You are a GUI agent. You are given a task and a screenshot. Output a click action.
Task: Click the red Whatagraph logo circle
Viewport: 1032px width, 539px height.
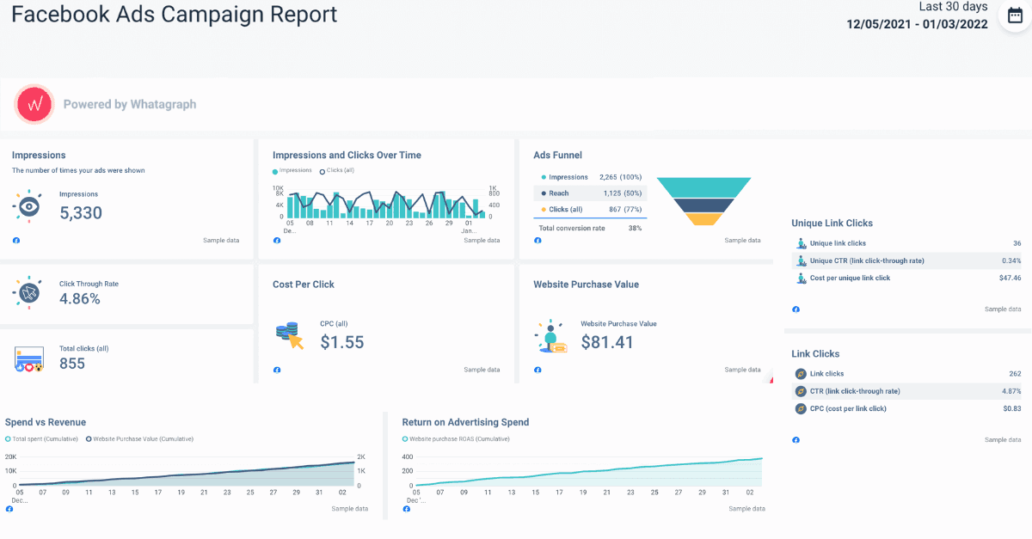pos(35,104)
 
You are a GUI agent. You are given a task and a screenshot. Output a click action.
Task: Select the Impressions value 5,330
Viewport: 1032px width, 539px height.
pos(81,213)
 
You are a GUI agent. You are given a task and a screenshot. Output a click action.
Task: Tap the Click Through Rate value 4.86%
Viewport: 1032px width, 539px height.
pos(80,299)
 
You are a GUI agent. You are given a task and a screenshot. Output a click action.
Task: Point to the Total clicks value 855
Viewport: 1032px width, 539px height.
pos(72,364)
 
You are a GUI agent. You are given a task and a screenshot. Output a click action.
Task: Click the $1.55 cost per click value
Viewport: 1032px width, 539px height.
pos(342,342)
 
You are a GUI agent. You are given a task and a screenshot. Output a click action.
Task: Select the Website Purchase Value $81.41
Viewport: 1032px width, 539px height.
pos(607,342)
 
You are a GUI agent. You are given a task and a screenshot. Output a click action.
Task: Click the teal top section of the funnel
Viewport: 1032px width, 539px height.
pos(704,187)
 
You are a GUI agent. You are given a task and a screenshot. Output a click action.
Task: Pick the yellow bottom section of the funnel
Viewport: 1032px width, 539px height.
pos(704,219)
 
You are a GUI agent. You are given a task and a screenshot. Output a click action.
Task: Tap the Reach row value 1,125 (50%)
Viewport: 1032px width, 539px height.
pos(623,193)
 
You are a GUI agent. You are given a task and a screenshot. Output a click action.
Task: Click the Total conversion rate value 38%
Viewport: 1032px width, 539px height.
pos(635,229)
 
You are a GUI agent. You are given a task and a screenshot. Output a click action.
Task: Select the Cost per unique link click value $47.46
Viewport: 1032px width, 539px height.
pos(1010,278)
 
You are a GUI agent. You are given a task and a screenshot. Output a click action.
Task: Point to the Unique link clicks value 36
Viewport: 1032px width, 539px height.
pos(1017,243)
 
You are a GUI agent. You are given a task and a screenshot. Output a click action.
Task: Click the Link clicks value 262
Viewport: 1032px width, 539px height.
pos(1015,374)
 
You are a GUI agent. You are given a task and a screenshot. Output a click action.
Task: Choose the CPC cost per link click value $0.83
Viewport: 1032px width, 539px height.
pos(1010,408)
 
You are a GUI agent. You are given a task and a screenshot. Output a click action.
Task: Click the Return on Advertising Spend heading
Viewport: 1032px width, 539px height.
pos(465,422)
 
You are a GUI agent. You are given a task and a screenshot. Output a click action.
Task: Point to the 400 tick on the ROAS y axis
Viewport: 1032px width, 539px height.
pos(408,456)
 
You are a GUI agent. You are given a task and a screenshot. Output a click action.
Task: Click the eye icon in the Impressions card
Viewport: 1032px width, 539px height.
pos(28,206)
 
